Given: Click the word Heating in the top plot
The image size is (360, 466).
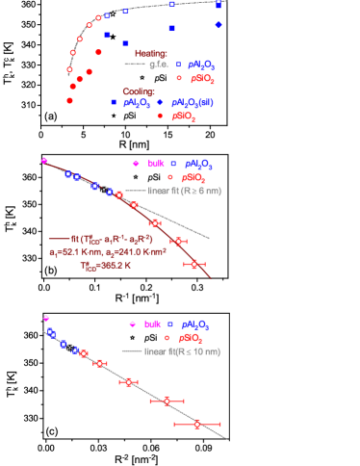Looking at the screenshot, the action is pos(150,54).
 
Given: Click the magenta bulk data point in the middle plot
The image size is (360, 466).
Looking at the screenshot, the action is pos(44,161).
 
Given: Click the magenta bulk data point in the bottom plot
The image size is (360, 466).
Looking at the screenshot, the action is pos(46,318).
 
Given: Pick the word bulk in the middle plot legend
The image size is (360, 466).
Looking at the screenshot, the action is pos(157,164).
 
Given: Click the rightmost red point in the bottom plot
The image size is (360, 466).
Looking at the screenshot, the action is pos(196,424).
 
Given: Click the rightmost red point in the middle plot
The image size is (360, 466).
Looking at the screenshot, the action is pos(194,264).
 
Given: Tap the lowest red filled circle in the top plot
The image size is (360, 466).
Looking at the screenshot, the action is pos(69,100).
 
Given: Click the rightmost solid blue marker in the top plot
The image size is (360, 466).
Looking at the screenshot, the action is pos(219,24).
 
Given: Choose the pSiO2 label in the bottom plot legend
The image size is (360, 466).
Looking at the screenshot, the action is pos(193,338).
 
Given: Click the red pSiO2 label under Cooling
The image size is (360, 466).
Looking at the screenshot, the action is pos(183,116).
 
